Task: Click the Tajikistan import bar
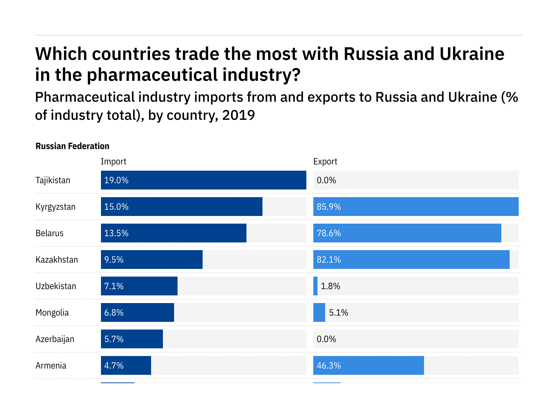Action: (203, 180)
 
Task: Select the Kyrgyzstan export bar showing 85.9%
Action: (416, 207)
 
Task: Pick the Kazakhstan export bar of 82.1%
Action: (411, 260)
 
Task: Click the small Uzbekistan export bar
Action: (315, 286)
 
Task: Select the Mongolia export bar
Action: (319, 312)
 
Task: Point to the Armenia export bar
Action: (368, 365)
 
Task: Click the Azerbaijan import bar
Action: (132, 339)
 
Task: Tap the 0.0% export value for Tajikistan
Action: (326, 180)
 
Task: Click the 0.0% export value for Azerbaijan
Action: (326, 339)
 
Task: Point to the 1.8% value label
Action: (330, 286)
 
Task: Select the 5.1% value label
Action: (338, 313)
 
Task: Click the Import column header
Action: (113, 162)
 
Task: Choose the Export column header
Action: (325, 162)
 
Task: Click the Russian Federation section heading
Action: (72, 146)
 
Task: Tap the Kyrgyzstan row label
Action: (55, 207)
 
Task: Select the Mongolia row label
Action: (52, 313)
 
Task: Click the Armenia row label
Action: (51, 366)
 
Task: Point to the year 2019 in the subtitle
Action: (238, 115)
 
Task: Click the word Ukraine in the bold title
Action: (472, 54)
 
